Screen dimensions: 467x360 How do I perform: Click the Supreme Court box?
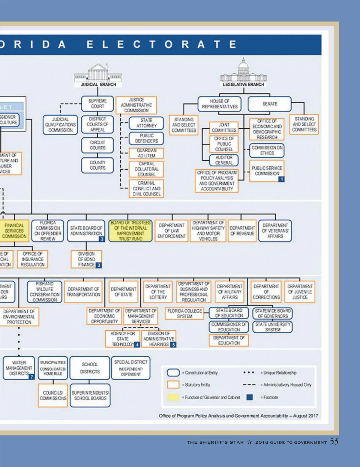pyautogui.click(x=97, y=104)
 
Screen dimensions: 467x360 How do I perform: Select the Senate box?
pyautogui.click(x=269, y=104)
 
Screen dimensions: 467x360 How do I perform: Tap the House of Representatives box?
pyautogui.click(x=219, y=104)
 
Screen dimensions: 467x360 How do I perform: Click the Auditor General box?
pyautogui.click(x=224, y=160)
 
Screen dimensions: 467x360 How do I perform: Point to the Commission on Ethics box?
pyautogui.click(x=267, y=150)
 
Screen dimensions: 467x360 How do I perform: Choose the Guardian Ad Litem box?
pyautogui.click(x=146, y=153)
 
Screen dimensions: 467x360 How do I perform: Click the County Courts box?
pyautogui.click(x=97, y=165)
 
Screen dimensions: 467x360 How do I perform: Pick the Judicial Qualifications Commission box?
pyautogui.click(x=60, y=125)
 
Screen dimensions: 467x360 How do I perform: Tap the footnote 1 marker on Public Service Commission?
pyautogui.click(x=281, y=179)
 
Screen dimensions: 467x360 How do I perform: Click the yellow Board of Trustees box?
pyautogui.click(x=130, y=231)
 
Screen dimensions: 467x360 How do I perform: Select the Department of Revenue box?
pyautogui.click(x=242, y=231)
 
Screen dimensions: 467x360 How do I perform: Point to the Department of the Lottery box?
pyautogui.click(x=158, y=292)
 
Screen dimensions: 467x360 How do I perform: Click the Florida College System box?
pyautogui.click(x=184, y=314)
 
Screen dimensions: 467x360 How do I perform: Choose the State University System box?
pyautogui.click(x=273, y=327)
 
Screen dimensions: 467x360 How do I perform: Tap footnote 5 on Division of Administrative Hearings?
pyautogui.click(x=173, y=345)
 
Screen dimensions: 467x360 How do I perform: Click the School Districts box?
pyautogui.click(x=90, y=368)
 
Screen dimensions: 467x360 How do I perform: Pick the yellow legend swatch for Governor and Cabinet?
pyautogui.click(x=173, y=397)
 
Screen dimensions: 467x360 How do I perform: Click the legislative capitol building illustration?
pyautogui.click(x=243, y=71)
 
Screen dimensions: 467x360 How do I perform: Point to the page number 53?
pyautogui.click(x=334, y=441)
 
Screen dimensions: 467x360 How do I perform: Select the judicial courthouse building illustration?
pyautogui.click(x=98, y=73)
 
